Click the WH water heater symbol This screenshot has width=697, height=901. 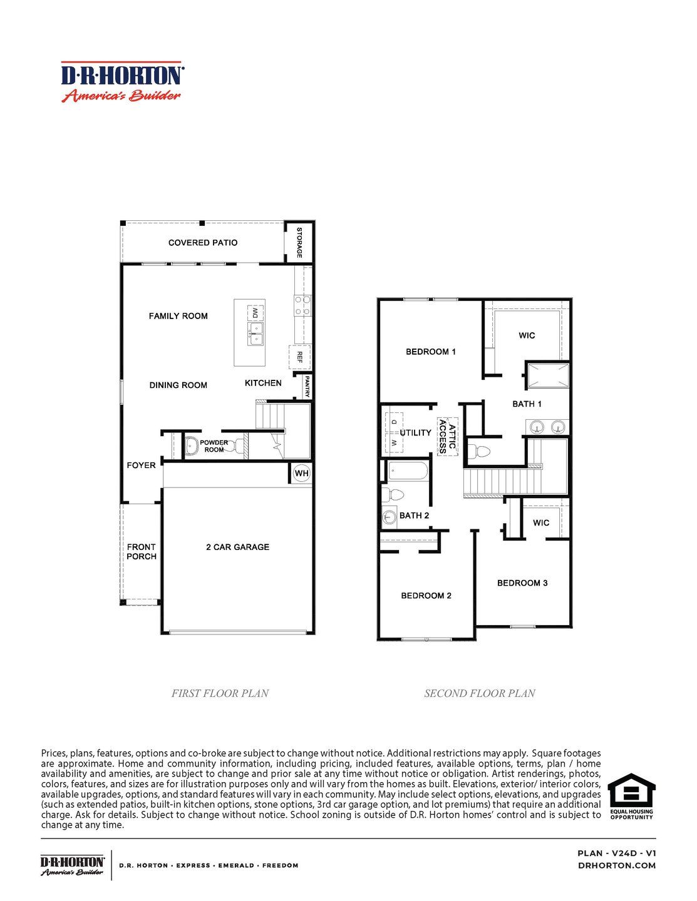(x=302, y=473)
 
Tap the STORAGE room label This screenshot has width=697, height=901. (x=299, y=243)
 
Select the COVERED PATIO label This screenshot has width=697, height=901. (x=203, y=243)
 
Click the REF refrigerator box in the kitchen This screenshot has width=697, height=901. (x=299, y=357)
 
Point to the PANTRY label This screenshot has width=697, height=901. (x=307, y=386)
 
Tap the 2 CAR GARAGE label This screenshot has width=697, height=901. (x=237, y=547)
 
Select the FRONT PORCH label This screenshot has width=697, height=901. (x=142, y=551)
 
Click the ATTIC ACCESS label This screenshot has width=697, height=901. (x=447, y=436)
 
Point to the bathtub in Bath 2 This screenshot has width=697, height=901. (x=406, y=471)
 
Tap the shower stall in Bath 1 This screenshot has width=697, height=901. (x=547, y=376)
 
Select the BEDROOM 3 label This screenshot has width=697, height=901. (x=522, y=583)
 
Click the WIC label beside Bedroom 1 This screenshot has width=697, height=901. (x=527, y=335)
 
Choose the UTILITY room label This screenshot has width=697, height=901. (x=416, y=432)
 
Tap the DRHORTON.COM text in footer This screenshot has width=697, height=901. (x=616, y=865)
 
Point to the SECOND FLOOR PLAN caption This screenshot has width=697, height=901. (x=480, y=693)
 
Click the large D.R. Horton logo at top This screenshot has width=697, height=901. (x=122, y=82)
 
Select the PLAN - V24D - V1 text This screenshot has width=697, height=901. (x=616, y=853)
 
